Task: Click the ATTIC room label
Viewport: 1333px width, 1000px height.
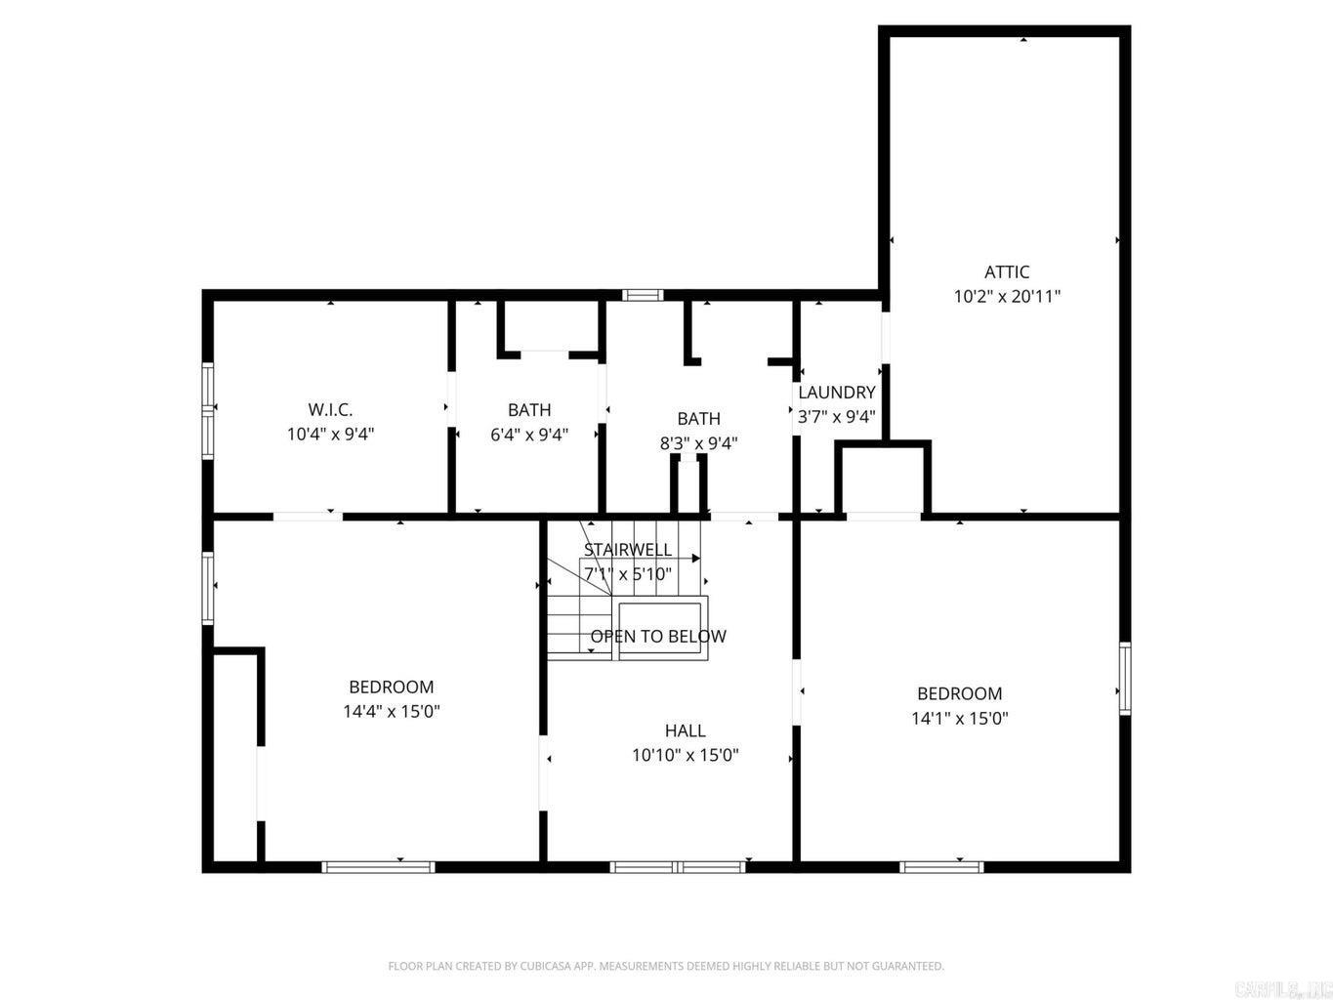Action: point(1006,271)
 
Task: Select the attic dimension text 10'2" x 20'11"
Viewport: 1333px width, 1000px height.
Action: point(1006,296)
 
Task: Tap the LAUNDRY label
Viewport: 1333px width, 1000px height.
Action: point(836,393)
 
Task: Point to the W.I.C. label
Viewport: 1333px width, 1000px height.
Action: point(330,410)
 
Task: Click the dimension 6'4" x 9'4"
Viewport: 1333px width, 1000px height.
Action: point(528,435)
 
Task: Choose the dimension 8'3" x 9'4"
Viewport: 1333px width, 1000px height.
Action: point(698,443)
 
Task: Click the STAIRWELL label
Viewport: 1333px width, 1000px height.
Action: point(627,550)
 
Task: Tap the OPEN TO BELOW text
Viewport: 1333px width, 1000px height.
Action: point(657,637)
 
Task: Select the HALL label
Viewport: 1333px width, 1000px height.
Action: point(685,730)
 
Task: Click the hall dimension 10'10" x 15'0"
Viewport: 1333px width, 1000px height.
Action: point(685,755)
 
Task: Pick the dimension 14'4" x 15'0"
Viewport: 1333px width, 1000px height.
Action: point(391,712)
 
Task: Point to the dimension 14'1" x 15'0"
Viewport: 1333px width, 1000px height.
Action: point(959,719)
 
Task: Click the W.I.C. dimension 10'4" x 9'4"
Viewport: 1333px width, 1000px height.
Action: point(330,435)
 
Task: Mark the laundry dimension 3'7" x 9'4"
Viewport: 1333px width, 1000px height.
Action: point(836,415)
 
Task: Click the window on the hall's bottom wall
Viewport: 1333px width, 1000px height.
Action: point(678,866)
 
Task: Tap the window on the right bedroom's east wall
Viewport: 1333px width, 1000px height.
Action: point(1124,678)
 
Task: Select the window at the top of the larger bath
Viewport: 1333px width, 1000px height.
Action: point(643,295)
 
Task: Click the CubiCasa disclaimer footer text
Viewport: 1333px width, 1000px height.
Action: point(666,966)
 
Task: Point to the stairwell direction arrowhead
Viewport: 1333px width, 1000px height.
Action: point(696,559)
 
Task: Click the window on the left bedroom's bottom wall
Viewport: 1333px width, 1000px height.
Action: point(378,866)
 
